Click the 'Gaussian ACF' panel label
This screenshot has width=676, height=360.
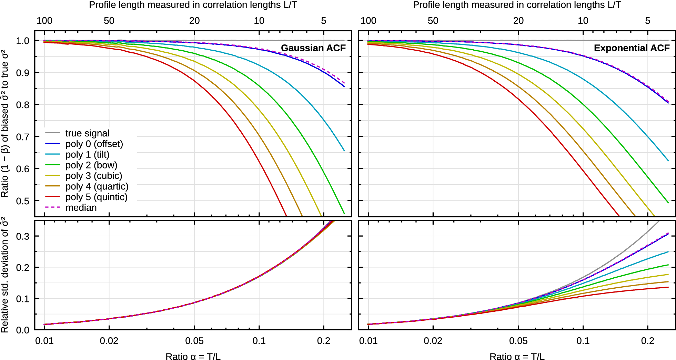pos(313,48)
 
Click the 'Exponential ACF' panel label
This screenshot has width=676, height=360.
pos(632,48)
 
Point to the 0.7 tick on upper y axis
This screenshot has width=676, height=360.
pos(23,137)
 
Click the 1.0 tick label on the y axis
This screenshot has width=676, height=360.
pos(23,41)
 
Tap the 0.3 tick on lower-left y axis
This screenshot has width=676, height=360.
pos(23,237)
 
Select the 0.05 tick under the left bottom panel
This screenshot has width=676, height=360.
pos(194,341)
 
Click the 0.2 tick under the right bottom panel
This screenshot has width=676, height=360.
pos(647,341)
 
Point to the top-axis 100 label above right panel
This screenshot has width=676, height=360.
pos(368,21)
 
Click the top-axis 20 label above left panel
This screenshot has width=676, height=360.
pos(194,21)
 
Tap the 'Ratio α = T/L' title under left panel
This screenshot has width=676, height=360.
pos(193,356)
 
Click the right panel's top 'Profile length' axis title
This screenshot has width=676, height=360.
pos(517,5)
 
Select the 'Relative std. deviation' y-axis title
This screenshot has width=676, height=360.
pos(5,275)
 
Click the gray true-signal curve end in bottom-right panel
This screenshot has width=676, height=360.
pos(658,222)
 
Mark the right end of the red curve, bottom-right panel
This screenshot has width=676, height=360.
pos(668,287)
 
